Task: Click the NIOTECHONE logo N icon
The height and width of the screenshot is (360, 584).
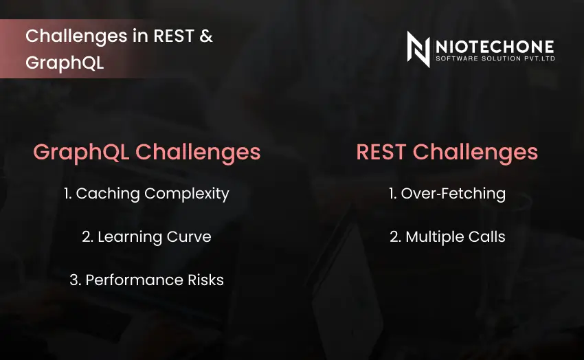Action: point(418,49)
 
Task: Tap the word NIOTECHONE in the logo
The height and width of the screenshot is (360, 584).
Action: point(495,46)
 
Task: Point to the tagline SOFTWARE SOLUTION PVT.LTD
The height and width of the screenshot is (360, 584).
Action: point(495,59)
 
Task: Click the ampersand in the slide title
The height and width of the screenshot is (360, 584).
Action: point(205,36)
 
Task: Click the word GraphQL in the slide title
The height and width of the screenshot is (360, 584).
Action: point(65,62)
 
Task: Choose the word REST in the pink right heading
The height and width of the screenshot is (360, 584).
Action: point(381,152)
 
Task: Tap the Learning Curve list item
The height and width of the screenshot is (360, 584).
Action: point(146,237)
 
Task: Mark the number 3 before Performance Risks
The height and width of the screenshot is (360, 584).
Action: point(74,280)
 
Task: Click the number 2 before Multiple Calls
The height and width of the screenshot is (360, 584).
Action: point(394,237)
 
